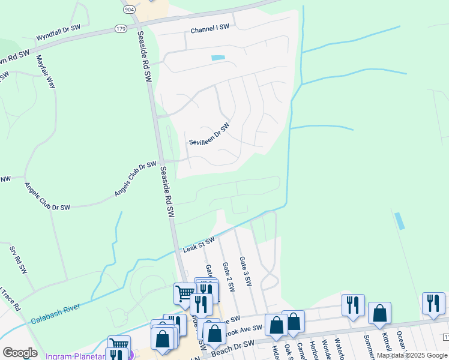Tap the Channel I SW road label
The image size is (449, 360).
tap(210, 28)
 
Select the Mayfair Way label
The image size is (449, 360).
tap(46, 71)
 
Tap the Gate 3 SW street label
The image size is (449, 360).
tap(244, 271)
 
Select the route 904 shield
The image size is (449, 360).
tap(128, 10)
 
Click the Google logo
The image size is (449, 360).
tap(20, 353)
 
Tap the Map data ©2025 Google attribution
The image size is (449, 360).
tap(412, 355)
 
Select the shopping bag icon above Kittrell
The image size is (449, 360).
tap(379, 313)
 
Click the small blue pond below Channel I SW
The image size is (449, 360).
tap(218, 58)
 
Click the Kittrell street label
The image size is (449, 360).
tap(386, 342)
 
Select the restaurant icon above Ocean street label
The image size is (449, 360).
tap(433, 303)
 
